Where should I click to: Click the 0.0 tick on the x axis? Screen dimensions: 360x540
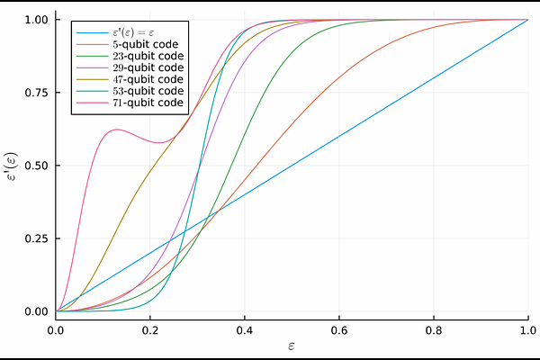point(56,328)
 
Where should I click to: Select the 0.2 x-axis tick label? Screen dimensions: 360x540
point(150,328)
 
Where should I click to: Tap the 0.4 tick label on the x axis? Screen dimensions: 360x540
point(245,328)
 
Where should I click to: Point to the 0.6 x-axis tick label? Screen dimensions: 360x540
point(339,328)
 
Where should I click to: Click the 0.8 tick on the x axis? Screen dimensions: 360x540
point(434,328)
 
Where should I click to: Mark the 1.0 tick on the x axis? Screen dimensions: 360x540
point(527,328)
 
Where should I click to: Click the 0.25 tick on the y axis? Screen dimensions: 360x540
point(37,238)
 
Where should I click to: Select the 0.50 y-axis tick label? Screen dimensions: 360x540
point(37,166)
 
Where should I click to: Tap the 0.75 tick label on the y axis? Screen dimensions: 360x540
point(37,93)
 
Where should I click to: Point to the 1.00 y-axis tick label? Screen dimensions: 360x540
point(37,20)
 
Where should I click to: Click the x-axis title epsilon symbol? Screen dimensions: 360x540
point(292,346)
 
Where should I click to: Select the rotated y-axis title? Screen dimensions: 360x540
point(13,165)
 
